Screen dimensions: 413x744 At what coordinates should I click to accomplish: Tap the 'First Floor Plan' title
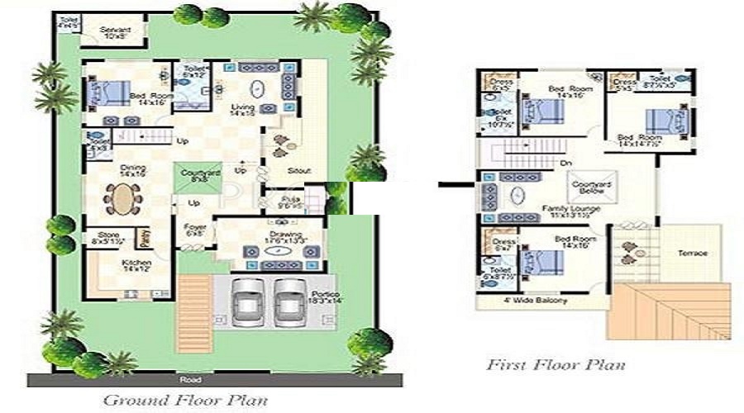point(556,364)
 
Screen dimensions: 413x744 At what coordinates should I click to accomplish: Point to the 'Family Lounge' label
point(565,209)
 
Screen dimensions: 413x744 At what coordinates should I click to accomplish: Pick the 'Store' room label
point(108,235)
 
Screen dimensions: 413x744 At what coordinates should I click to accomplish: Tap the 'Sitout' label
point(299,171)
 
